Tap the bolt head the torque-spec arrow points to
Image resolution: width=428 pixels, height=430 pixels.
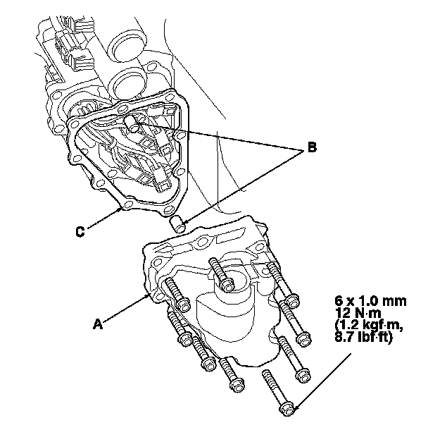click(x=288, y=408)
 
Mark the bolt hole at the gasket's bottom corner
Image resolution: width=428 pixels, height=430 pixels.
click(x=129, y=205)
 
